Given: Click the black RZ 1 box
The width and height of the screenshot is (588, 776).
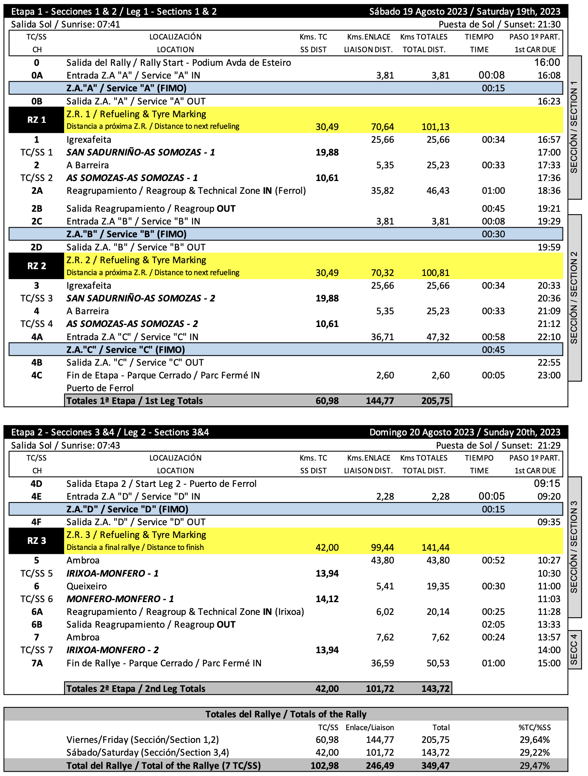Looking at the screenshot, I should [x=36, y=120].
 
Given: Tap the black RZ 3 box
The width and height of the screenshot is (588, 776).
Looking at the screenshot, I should [x=36, y=541].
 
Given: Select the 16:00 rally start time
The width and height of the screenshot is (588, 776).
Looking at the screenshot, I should [x=547, y=63].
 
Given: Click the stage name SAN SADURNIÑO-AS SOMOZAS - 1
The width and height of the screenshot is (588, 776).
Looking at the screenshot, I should [x=141, y=152].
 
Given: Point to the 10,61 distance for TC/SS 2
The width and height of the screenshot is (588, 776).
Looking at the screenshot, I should [x=327, y=178].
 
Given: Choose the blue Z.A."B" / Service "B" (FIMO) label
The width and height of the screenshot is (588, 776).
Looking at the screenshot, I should [x=126, y=234].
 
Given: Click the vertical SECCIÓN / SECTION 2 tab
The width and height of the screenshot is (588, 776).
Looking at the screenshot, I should [x=574, y=297].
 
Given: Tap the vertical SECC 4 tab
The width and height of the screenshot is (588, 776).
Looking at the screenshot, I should [x=574, y=650].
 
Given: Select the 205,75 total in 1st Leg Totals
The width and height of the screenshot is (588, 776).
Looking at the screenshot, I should [x=435, y=401].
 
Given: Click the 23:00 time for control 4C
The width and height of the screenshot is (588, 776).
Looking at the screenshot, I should [x=549, y=375].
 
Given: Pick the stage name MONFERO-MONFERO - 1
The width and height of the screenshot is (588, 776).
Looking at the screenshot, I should [x=120, y=599].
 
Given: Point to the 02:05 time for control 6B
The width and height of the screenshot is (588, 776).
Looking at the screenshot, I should [x=493, y=624].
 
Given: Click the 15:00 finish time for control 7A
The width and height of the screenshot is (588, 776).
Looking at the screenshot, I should [x=549, y=663].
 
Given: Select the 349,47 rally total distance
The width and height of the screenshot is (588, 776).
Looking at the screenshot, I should [x=435, y=766].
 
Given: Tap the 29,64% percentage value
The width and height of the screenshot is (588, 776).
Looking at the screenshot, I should [x=534, y=740].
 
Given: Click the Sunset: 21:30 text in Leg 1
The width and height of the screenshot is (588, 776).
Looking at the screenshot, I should [x=500, y=24].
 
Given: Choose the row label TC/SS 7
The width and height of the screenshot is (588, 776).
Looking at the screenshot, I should [x=36, y=650].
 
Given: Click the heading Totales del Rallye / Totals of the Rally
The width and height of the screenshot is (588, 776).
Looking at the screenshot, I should [x=286, y=714].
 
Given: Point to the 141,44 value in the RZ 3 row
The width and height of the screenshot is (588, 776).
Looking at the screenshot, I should [x=435, y=548].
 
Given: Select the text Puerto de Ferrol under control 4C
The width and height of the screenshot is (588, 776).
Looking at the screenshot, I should [x=100, y=388].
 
